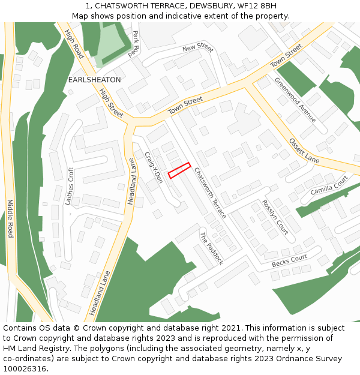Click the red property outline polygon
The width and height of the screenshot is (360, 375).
pyautogui.click(x=179, y=170)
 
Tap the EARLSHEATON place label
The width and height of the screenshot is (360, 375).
pyautogui.click(x=94, y=80)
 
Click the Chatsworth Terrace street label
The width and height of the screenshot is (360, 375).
pyautogui.click(x=210, y=192)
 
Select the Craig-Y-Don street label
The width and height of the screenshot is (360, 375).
pyautogui.click(x=154, y=167)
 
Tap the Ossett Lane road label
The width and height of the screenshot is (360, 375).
pyautogui.click(x=304, y=150)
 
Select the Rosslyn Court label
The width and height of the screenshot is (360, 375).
pyautogui.click(x=275, y=217)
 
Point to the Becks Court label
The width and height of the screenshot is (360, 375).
pyautogui.click(x=289, y=261)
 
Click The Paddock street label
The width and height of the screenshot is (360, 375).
pyautogui.click(x=212, y=248)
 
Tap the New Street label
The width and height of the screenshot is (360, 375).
pyautogui.click(x=198, y=47)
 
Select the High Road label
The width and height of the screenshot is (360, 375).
pyautogui.click(x=74, y=44)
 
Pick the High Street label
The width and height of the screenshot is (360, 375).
pyautogui.click(x=111, y=103)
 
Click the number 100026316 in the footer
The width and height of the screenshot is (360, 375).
pyautogui.click(x=25, y=368)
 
